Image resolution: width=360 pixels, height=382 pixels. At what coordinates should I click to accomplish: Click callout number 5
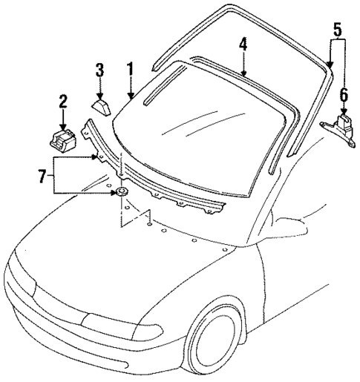[337, 30]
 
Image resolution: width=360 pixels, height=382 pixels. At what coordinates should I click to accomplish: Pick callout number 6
[343, 94]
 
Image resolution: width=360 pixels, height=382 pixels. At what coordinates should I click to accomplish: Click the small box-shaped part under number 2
[62, 139]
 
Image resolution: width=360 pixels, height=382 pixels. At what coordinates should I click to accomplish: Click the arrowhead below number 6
[343, 112]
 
